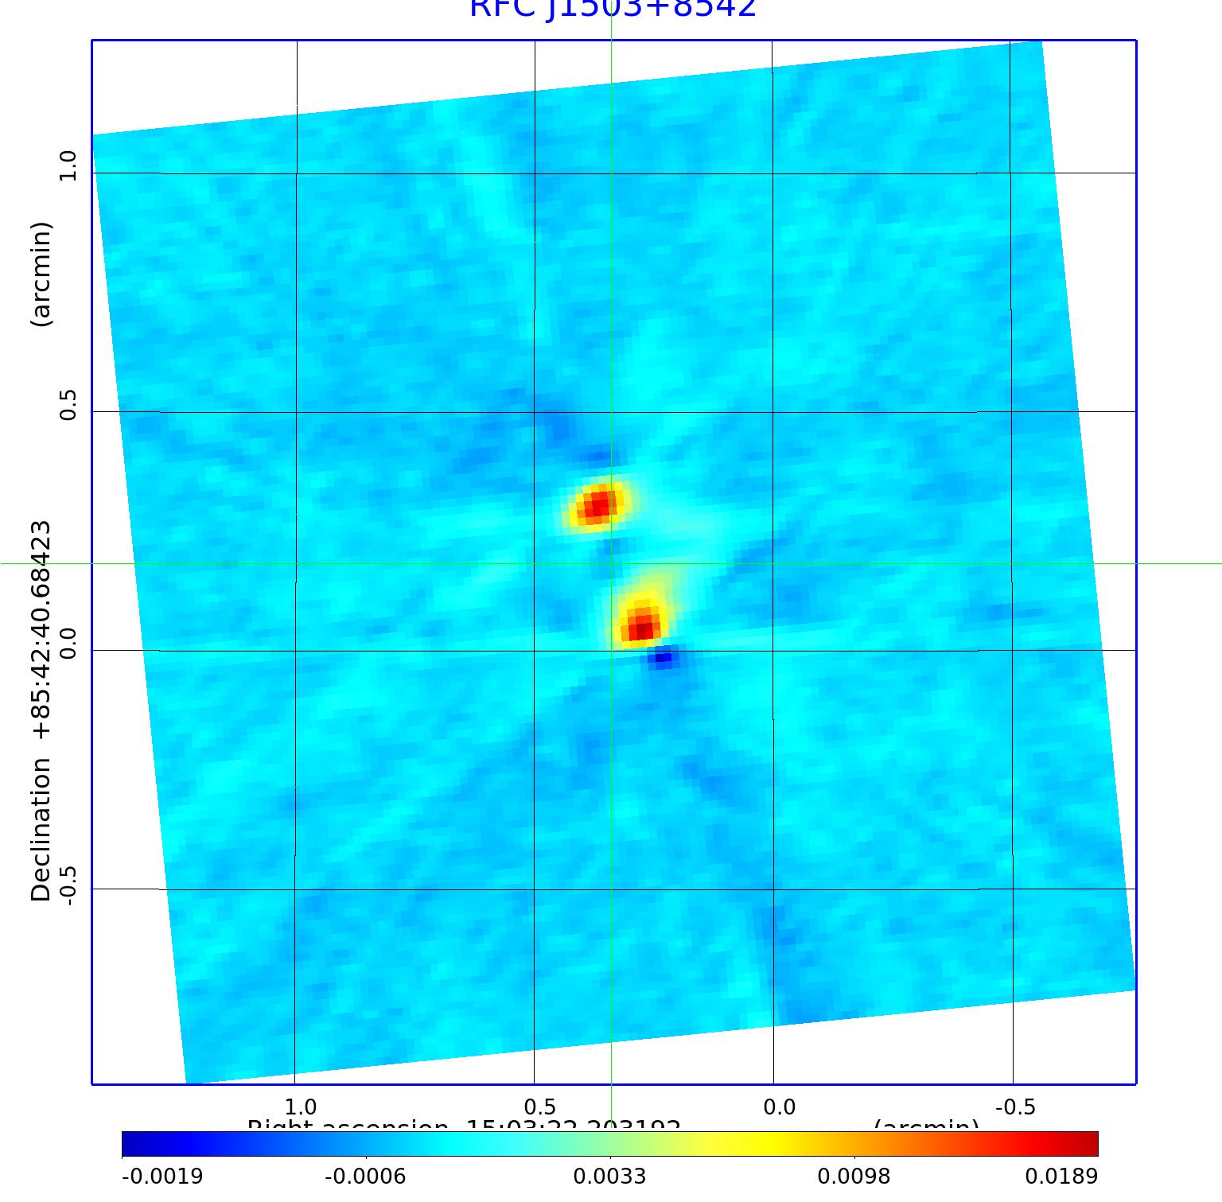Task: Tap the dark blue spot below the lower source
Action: click(662, 658)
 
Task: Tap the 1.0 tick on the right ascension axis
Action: click(301, 1107)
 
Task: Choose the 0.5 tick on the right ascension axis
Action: click(539, 1107)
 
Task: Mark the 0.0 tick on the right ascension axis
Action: click(779, 1107)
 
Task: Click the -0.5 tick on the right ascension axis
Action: click(1014, 1107)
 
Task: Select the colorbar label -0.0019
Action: click(162, 1176)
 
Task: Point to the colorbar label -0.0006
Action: click(365, 1176)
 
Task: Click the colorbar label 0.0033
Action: click(609, 1176)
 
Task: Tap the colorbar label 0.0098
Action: click(854, 1176)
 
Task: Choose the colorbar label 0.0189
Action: click(1061, 1176)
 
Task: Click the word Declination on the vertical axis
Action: click(41, 830)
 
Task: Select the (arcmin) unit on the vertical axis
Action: click(41, 274)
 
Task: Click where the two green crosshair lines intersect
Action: click(611, 563)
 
